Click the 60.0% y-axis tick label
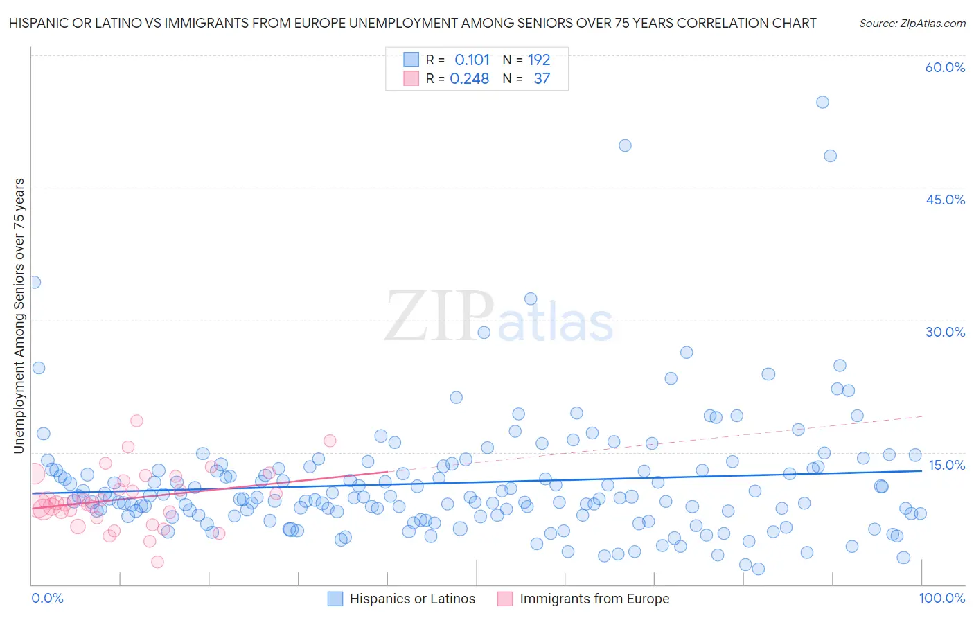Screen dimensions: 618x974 pos(945,67)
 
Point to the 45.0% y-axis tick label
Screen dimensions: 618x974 pos(945,200)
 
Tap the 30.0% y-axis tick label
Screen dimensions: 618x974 pos(945,332)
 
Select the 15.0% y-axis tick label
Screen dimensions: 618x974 pos(946,465)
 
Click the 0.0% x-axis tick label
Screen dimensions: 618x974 pos(47,598)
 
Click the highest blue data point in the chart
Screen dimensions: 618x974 pos(822,102)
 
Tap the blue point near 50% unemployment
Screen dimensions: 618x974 pos(625,145)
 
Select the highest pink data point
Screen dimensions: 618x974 pos(136,421)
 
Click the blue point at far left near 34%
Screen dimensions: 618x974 pos(34,282)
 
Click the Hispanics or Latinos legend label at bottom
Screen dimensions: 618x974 pos(412,599)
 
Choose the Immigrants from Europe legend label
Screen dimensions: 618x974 pos(594,599)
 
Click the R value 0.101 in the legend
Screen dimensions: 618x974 pos(472,60)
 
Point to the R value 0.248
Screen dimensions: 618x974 pos(470,79)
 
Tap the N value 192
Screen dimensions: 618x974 pos(539,60)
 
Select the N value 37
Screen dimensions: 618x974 pos(542,79)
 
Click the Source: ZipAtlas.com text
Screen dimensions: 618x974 pos(912,24)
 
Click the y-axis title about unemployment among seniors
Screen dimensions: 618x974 pos(19,316)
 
